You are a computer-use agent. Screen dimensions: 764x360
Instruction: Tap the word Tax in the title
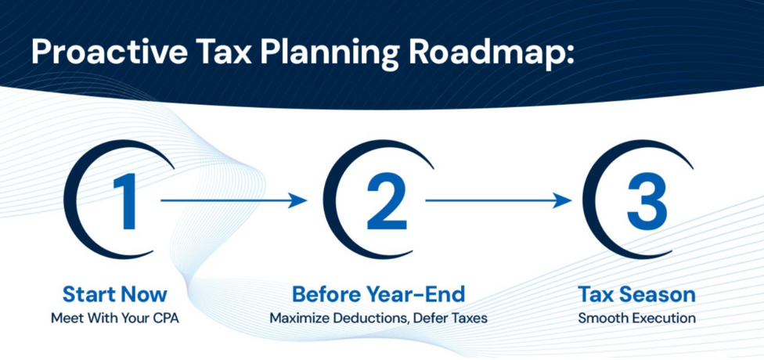point(226,52)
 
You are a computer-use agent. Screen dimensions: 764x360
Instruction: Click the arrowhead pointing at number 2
point(297,200)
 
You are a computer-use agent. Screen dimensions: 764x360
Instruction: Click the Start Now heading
point(115,295)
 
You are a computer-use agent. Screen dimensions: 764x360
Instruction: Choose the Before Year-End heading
point(379,295)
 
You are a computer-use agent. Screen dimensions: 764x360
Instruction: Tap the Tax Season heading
point(637,295)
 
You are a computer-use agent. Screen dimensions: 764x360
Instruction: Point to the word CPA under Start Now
point(164,319)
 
